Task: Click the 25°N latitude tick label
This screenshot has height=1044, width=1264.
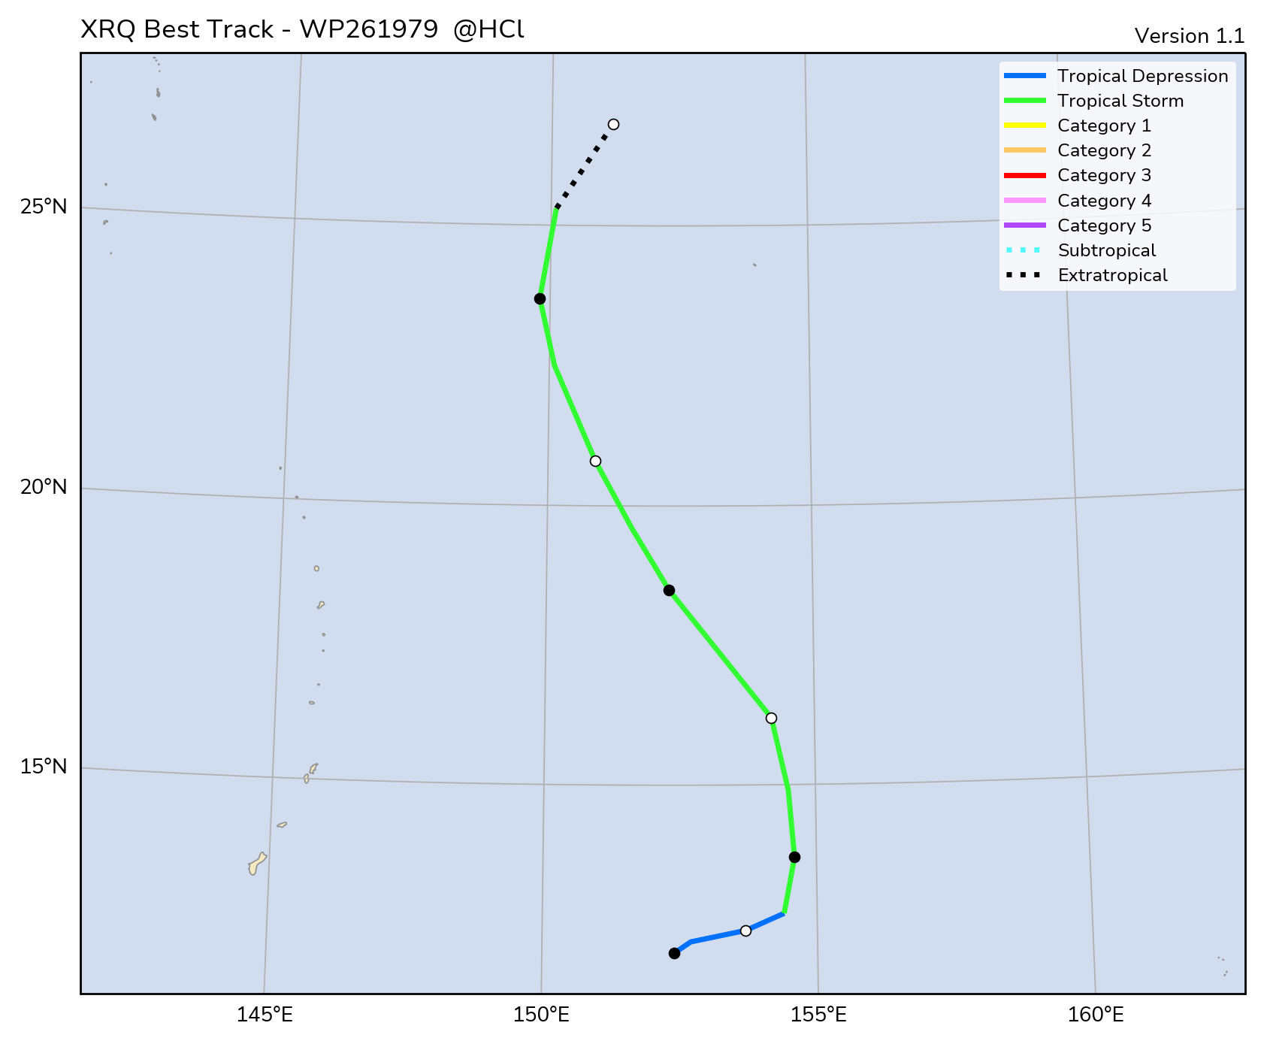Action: [x=44, y=207]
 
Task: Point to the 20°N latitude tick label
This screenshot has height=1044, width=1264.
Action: [x=44, y=487]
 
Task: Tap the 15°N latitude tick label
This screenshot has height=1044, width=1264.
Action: [x=44, y=767]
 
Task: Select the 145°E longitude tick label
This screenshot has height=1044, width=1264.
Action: [x=265, y=1015]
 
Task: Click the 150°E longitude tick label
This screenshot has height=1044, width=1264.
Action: [x=541, y=1015]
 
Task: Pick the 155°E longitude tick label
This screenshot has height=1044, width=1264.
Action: [x=818, y=1015]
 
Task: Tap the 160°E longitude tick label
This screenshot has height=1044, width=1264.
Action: [x=1096, y=1015]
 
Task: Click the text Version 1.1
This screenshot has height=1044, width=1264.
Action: [x=1189, y=36]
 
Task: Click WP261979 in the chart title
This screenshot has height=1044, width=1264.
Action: [x=368, y=29]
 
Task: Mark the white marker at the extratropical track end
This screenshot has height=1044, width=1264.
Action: [x=613, y=125]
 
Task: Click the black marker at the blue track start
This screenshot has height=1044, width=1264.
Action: [x=674, y=953]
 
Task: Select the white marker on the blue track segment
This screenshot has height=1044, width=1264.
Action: [x=745, y=931]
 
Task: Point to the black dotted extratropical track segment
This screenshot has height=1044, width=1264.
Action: [x=583, y=168]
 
